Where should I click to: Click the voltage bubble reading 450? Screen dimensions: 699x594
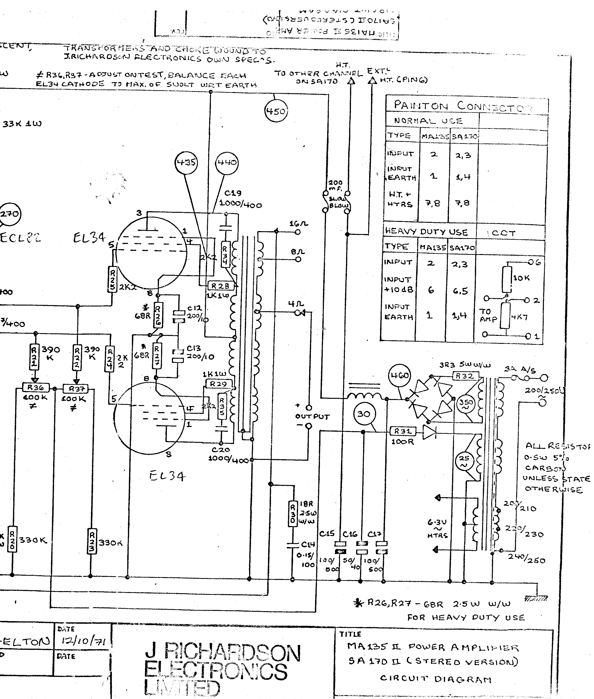(x=275, y=111)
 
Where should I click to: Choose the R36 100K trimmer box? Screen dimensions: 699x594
(x=36, y=388)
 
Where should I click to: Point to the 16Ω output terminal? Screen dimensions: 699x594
(x=297, y=232)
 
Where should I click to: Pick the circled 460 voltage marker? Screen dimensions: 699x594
(x=400, y=375)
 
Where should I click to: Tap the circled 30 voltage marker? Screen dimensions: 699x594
(x=364, y=414)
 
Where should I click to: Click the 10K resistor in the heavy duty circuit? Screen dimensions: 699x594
(x=507, y=279)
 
